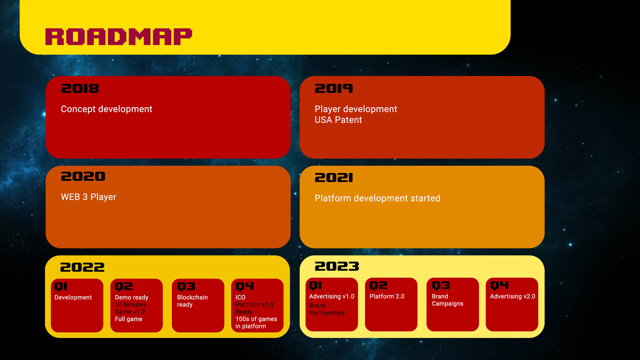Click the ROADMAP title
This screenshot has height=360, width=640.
119,37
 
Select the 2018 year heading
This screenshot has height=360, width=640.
80,89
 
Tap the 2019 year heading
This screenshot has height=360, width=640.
334,89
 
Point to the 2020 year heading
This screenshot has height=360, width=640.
83,176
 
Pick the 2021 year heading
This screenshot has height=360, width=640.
334,178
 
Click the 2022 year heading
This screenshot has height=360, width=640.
82,267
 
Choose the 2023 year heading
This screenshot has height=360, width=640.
337,266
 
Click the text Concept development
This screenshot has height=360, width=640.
106,109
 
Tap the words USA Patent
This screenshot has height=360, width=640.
338,120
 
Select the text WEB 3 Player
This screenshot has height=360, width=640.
88,197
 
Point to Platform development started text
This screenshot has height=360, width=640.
377,198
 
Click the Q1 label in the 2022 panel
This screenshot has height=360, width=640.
61,287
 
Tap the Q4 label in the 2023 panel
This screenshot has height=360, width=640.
499,286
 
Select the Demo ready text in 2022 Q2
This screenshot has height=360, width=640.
132,297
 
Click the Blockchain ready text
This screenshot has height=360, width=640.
192,301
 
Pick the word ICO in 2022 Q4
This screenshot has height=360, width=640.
240,297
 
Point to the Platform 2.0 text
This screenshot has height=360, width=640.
387,296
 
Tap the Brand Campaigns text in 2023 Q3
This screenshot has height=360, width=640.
447,300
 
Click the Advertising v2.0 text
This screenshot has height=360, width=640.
513,296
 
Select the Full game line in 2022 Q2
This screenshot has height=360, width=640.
128,319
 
